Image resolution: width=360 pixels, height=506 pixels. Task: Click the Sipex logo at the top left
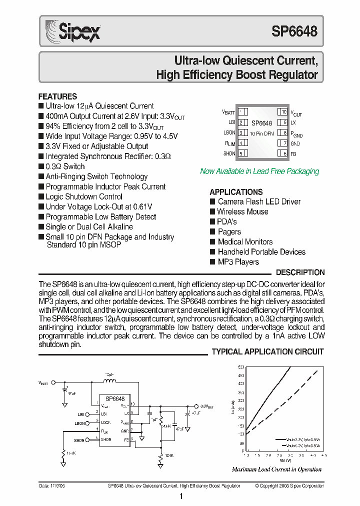coord(73,30)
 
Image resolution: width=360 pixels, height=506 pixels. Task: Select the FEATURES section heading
coord(57,96)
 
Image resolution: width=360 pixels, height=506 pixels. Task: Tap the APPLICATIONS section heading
coord(236,192)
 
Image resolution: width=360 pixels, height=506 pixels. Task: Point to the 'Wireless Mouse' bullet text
coord(242,211)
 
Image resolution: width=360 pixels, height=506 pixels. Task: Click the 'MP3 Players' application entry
coord(238,262)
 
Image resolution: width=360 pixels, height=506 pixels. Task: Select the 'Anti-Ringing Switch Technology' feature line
coord(96,176)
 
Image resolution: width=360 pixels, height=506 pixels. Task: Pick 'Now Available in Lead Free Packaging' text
coord(259,171)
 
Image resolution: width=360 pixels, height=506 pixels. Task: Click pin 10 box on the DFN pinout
coord(283,112)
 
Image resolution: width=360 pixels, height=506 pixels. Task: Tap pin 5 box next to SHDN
coord(241,153)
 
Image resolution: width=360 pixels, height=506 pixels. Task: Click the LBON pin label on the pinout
coord(229,133)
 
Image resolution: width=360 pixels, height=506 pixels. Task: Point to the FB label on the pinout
coord(293,154)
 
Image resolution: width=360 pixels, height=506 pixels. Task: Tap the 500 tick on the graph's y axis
coord(241,367)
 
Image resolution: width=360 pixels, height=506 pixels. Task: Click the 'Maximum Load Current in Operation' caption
coord(276,469)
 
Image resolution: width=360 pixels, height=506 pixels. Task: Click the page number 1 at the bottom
coord(181,496)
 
